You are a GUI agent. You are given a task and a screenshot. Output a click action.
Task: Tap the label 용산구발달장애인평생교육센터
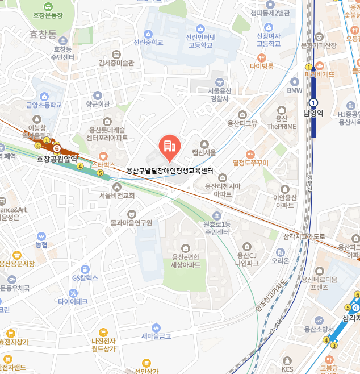tap(169, 170)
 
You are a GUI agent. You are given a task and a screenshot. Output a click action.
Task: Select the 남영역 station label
tap(313, 113)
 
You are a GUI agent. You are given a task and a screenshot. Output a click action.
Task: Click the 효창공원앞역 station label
tap(57, 159)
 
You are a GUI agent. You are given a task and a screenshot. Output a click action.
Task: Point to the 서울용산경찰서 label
tap(219, 94)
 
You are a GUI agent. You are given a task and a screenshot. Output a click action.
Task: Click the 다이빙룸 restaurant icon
tap(261, 57)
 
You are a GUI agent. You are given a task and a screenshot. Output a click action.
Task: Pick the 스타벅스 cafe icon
tap(103, 156)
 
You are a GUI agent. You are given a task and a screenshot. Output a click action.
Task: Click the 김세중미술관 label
tap(116, 63)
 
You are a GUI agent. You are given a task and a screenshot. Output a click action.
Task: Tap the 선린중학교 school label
tap(148, 42)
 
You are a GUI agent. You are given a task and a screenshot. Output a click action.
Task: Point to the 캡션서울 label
tap(204, 152)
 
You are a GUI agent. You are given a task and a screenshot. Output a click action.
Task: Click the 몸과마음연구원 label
tap(131, 223)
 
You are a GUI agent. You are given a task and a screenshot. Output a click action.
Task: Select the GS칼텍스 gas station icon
tap(85, 269)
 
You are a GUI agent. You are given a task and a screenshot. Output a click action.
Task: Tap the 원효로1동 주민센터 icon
tap(216, 215)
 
